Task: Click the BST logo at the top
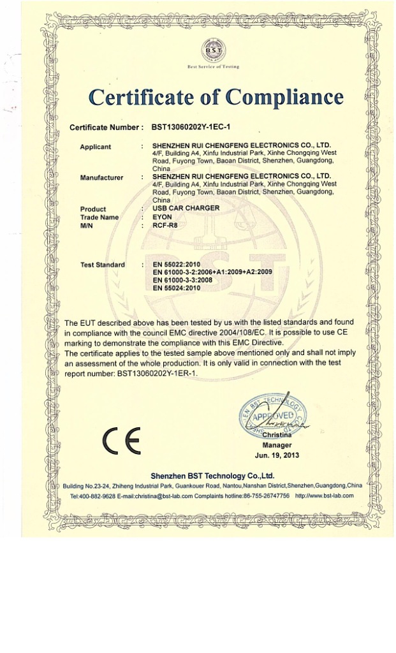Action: pos(212,49)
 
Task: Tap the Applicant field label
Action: pos(95,147)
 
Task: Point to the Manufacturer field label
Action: pos(101,177)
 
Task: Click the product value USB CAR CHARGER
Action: pos(186,209)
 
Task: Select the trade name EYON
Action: pos(163,217)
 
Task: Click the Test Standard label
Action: pos(103,264)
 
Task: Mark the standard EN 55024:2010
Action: pos(177,288)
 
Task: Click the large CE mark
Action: pos(121,443)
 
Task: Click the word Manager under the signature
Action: pos(277,444)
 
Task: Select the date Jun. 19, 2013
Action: pos(277,455)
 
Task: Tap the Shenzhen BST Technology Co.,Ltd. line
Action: pos(212,476)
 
